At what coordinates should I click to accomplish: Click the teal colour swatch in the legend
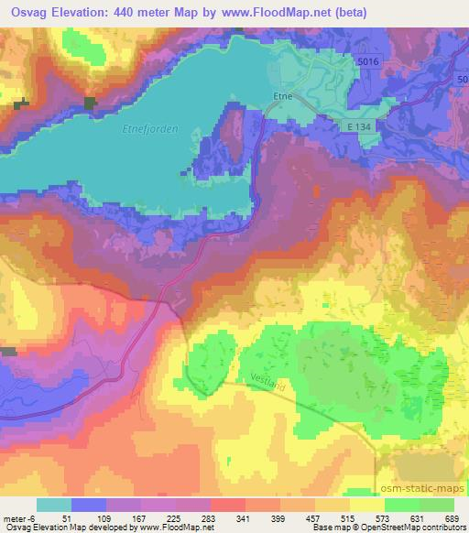coord(54,505)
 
